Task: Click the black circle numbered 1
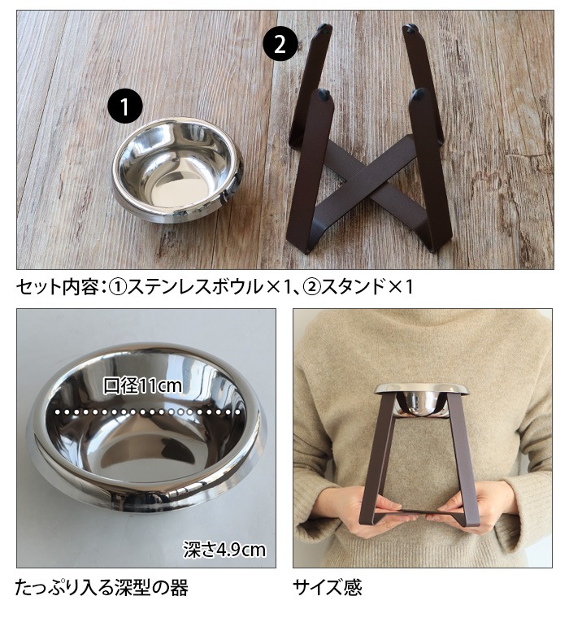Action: [x=124, y=107]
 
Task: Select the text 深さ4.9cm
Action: [x=224, y=550]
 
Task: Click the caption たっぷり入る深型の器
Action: [x=102, y=587]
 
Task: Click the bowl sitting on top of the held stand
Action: [x=422, y=398]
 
